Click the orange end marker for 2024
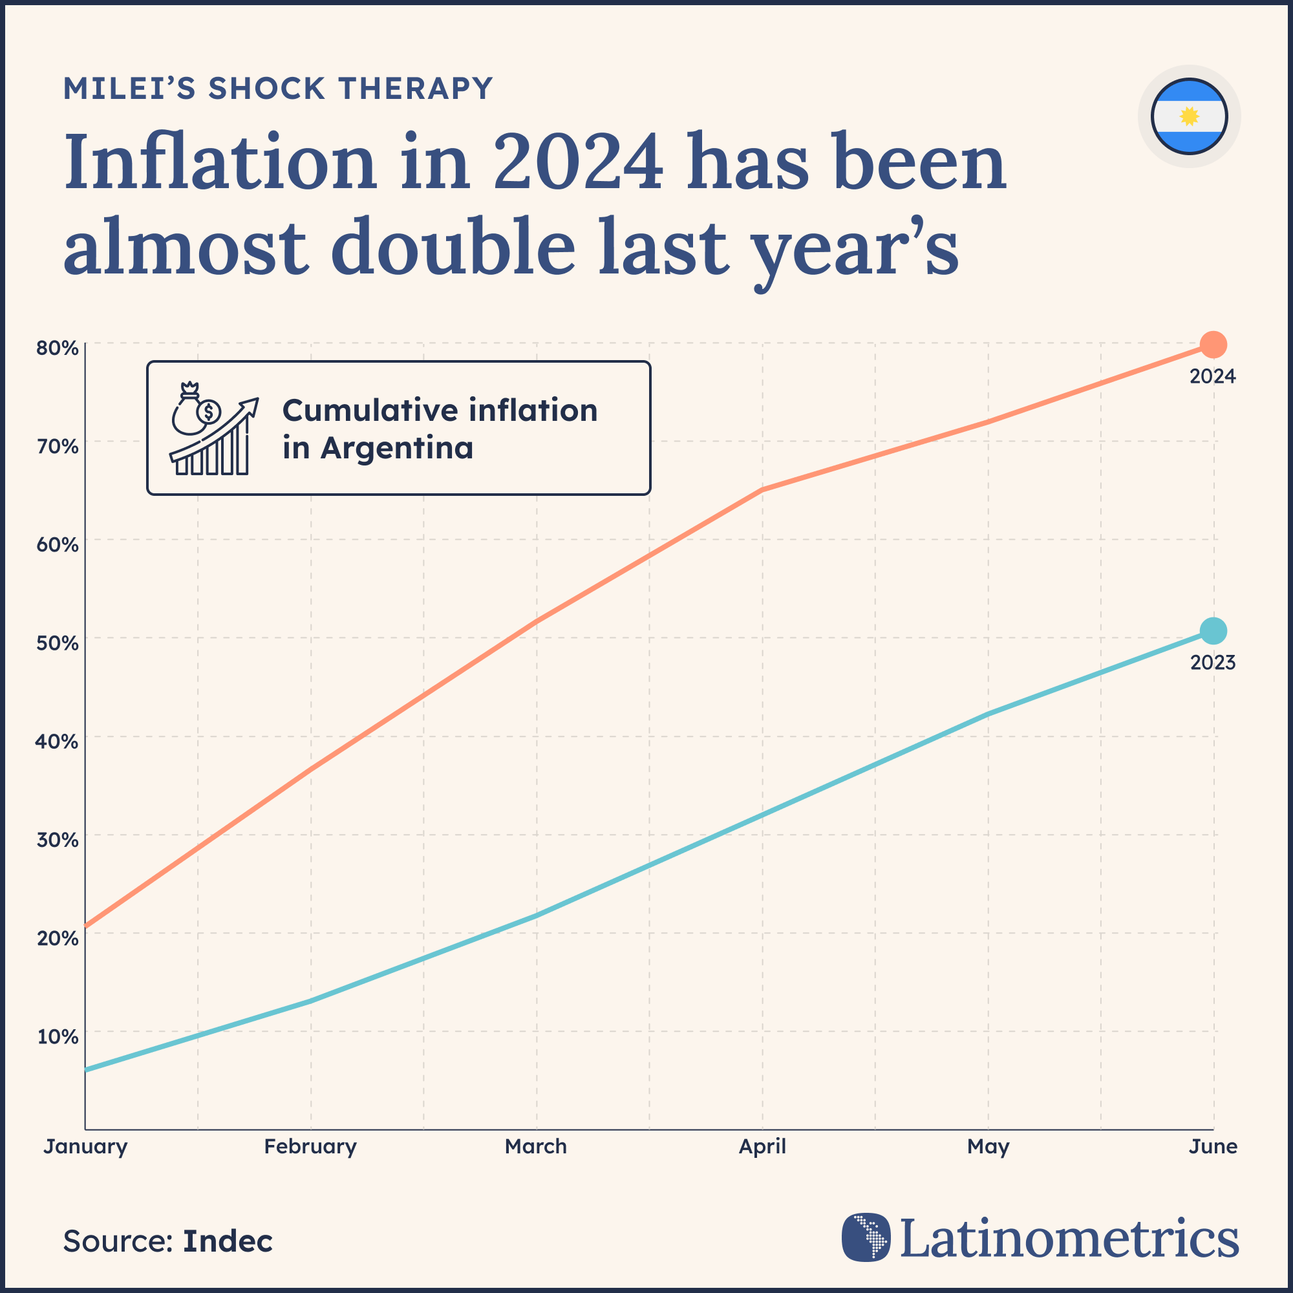1213,345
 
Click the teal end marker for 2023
1213,630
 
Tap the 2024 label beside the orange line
1212,377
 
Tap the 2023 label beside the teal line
1212,663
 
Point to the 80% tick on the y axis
58,348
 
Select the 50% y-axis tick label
58,643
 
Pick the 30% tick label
58,840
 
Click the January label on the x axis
86,1146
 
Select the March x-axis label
535,1146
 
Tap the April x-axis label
762,1146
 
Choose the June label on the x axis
1213,1146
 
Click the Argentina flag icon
1189,116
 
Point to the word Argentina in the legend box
396,448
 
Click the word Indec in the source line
228,1241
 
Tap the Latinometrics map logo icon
866,1237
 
